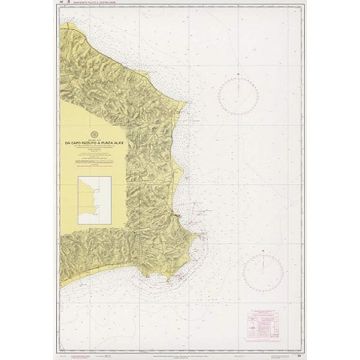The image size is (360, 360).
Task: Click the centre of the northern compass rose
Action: coord(242,97)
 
